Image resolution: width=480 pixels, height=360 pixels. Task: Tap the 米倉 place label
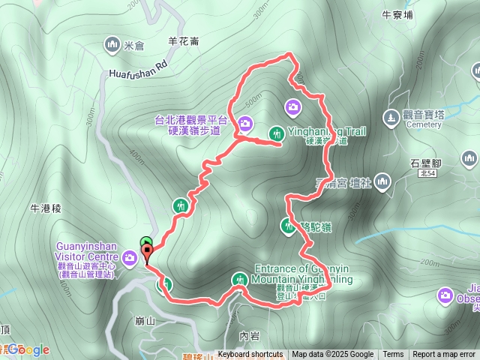[x=133, y=46]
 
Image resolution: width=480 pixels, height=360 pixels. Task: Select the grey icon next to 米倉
[x=113, y=45]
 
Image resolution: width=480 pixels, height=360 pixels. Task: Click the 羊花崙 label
[x=184, y=42]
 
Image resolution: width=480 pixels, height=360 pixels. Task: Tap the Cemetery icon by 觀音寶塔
[x=389, y=118]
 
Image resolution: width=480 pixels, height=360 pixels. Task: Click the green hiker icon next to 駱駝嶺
[x=288, y=224]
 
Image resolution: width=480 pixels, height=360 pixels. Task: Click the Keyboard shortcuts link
[x=250, y=355]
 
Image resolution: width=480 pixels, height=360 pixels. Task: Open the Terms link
[x=393, y=355]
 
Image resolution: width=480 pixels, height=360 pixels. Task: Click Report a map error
[x=445, y=355]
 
